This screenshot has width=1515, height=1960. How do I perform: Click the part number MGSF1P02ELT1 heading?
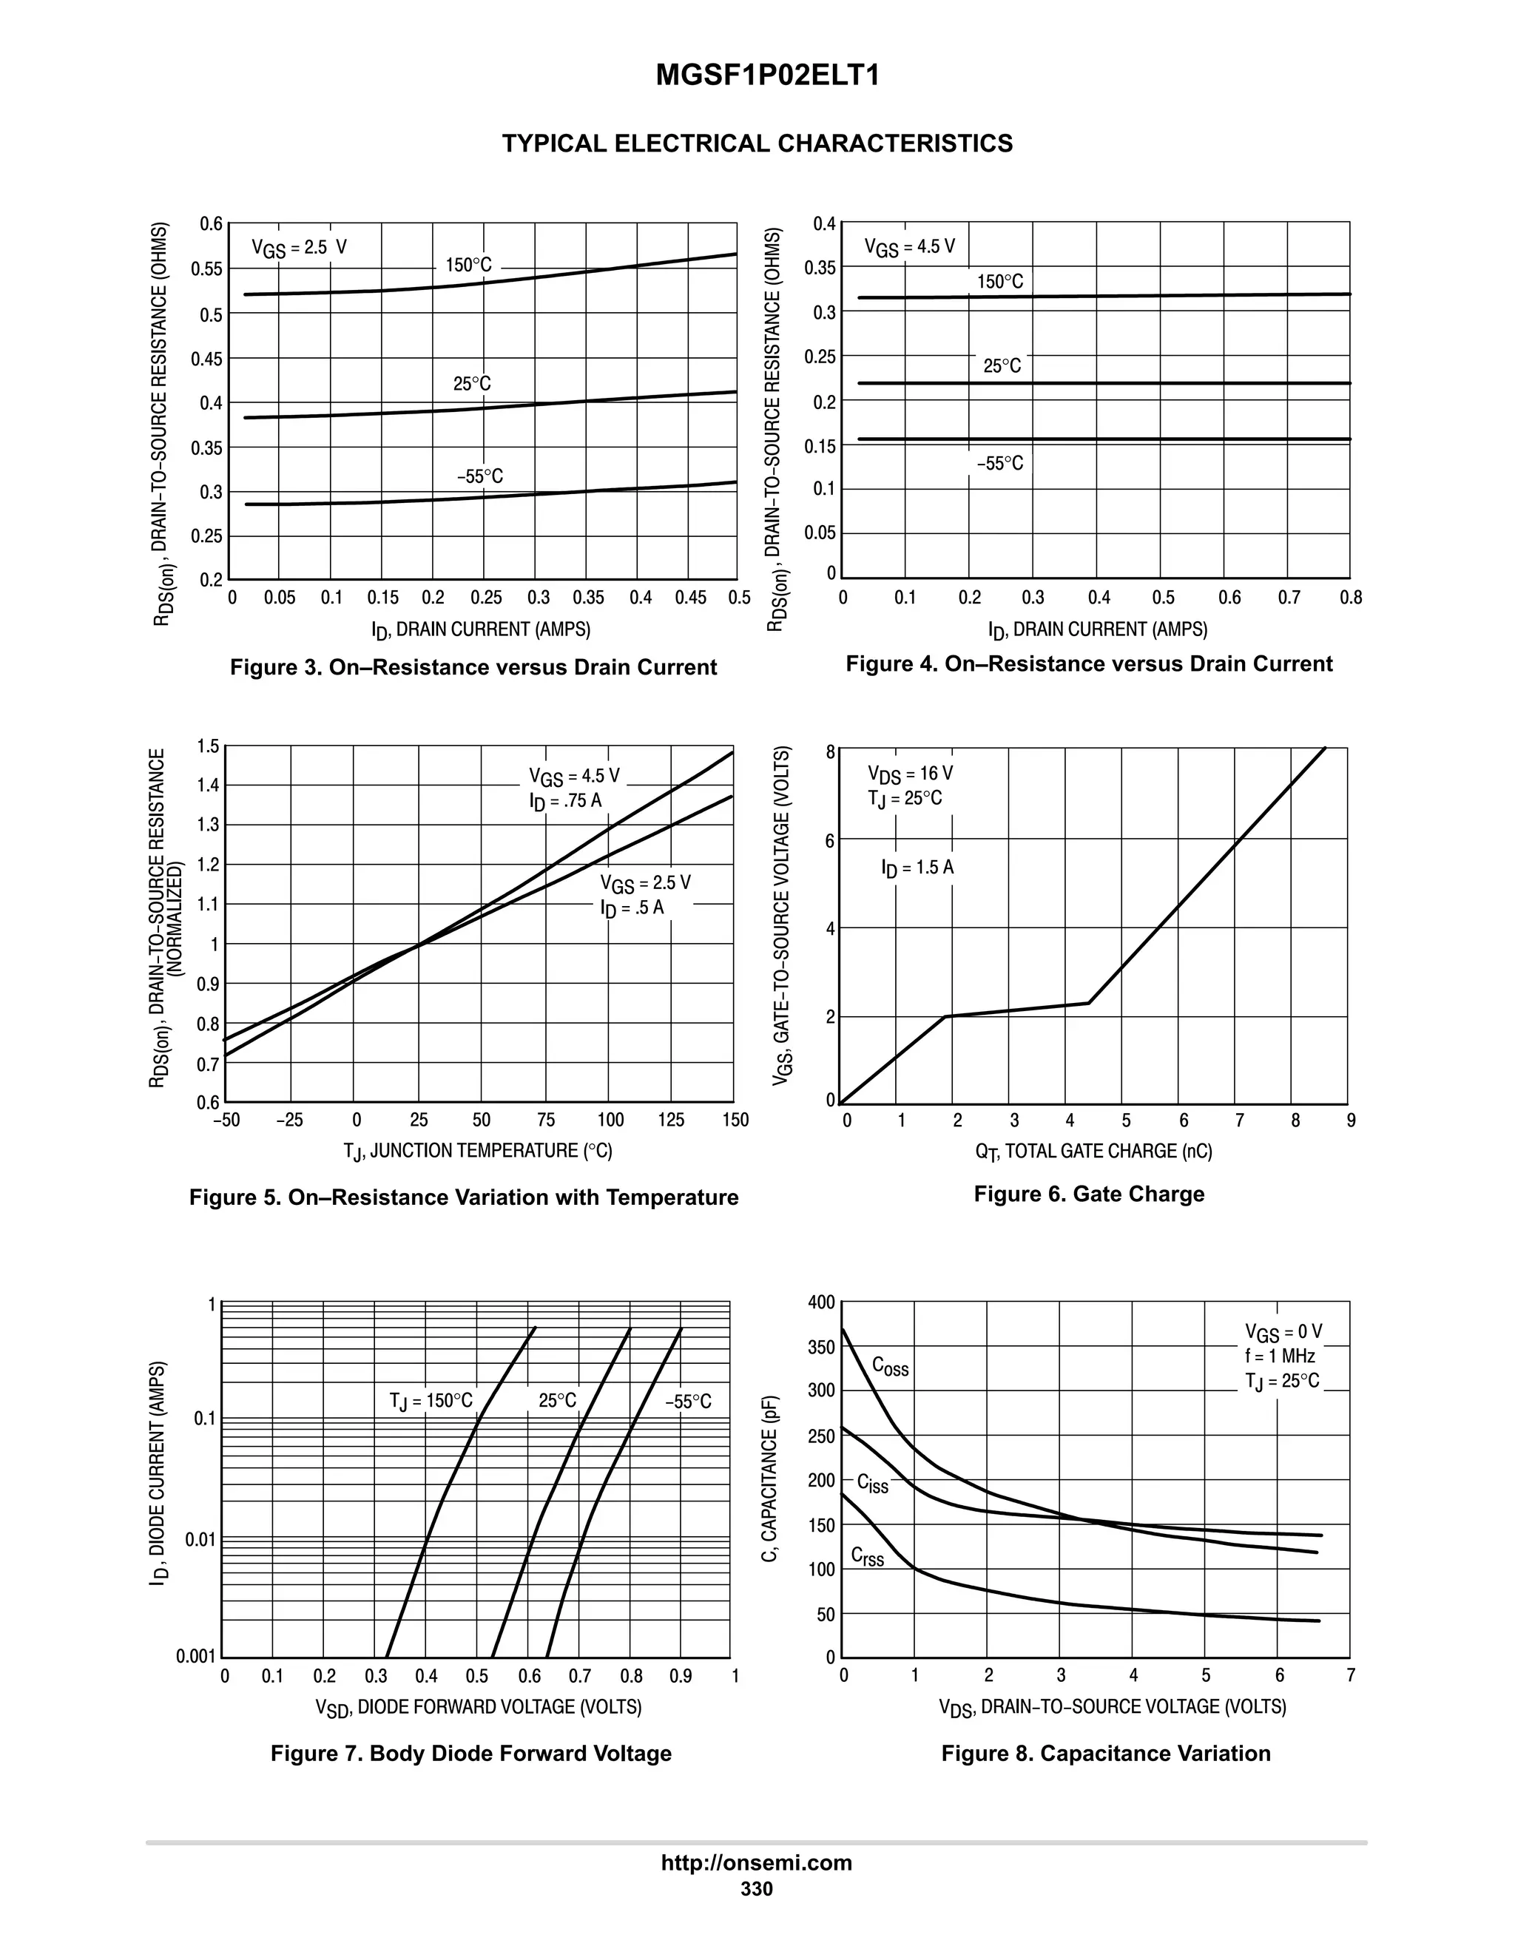click(x=767, y=75)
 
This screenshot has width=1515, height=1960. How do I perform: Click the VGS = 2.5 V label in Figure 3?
click(x=298, y=248)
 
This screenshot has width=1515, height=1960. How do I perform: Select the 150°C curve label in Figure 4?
click(x=1000, y=282)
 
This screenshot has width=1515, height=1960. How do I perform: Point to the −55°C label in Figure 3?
click(x=479, y=476)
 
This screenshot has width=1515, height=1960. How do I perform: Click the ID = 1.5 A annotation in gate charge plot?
click(x=917, y=868)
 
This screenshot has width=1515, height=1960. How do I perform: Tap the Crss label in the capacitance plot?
click(x=867, y=1557)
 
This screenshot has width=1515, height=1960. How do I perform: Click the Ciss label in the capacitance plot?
click(x=872, y=1484)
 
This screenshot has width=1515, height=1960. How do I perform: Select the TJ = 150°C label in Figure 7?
click(x=431, y=1401)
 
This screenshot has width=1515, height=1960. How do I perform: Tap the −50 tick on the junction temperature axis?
click(x=226, y=1120)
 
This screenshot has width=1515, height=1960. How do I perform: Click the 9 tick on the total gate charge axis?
click(x=1351, y=1120)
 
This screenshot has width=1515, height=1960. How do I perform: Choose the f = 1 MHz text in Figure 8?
click(x=1279, y=1356)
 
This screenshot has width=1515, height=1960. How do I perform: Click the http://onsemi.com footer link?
click(x=756, y=1862)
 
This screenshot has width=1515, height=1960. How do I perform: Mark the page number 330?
click(x=756, y=1889)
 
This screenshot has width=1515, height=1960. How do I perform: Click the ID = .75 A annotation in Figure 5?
click(x=564, y=800)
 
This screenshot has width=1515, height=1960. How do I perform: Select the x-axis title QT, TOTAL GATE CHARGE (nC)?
click(x=1093, y=1152)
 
